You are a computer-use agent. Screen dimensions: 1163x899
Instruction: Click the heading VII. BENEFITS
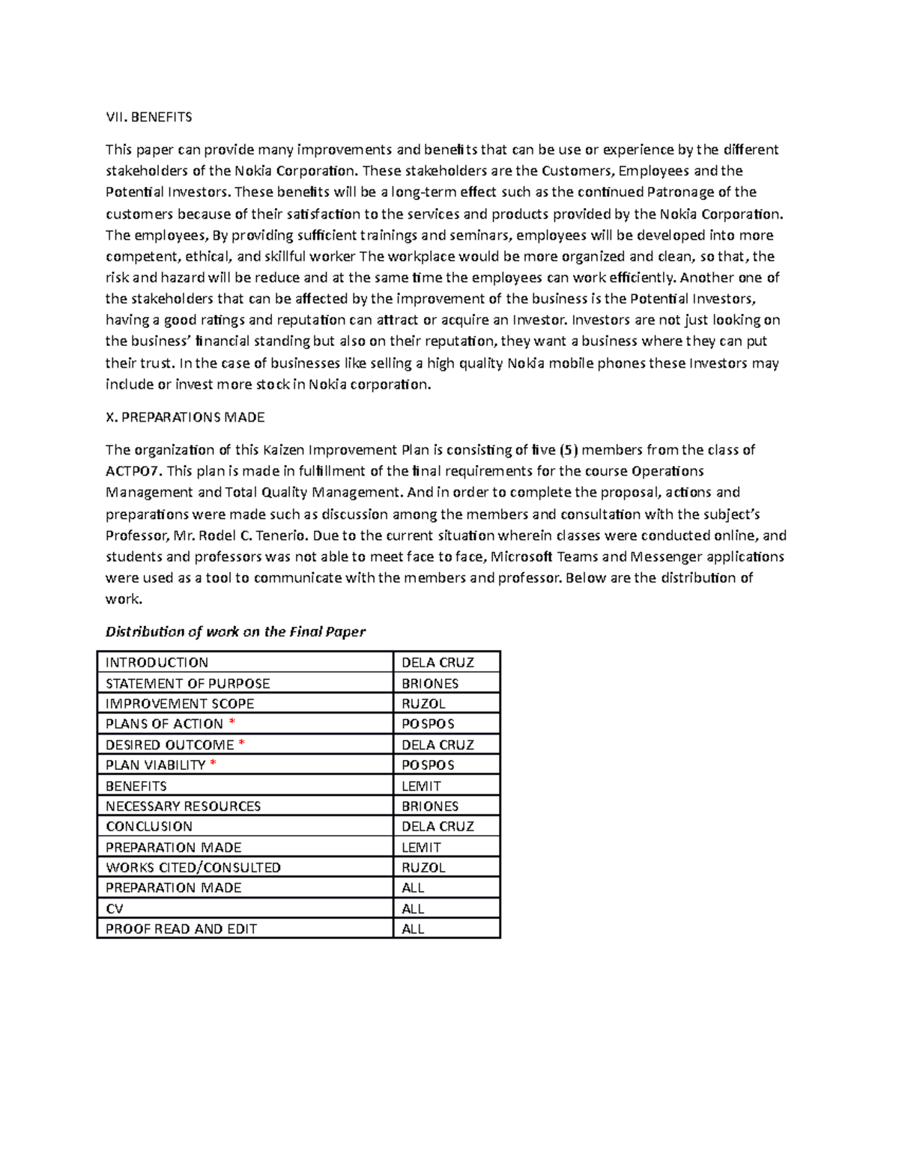[148, 117]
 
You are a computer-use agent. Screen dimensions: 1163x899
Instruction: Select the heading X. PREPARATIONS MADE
[185, 417]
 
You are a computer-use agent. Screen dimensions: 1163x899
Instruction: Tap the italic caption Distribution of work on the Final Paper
[235, 631]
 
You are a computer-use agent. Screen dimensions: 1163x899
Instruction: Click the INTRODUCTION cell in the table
[157, 663]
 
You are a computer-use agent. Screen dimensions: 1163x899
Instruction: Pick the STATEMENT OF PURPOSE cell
[187, 684]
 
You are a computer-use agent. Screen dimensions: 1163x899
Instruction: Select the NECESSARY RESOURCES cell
[184, 807]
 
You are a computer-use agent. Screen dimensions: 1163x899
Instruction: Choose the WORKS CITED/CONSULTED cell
[193, 867]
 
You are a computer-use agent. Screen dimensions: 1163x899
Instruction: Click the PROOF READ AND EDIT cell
[181, 929]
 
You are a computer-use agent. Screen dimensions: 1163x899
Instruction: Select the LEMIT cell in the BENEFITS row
[421, 786]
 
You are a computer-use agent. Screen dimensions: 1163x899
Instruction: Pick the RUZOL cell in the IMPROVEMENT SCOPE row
[423, 704]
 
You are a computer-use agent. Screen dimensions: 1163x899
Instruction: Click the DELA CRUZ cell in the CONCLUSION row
[438, 827]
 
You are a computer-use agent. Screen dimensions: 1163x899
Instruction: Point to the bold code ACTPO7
[133, 471]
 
